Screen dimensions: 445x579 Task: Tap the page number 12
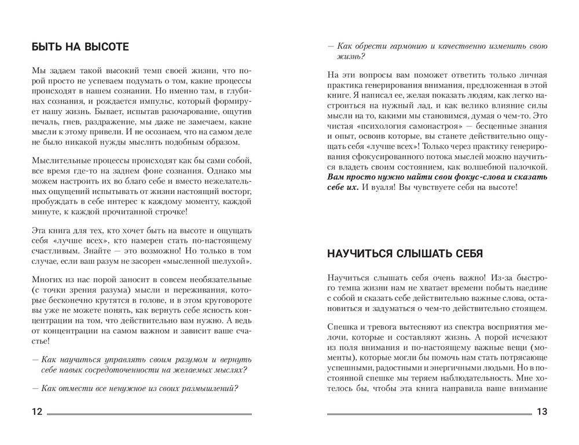(36, 412)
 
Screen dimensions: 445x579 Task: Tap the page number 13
(542, 412)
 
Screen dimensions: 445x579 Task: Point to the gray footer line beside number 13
(429, 414)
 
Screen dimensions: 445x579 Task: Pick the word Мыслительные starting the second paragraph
(57, 159)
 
